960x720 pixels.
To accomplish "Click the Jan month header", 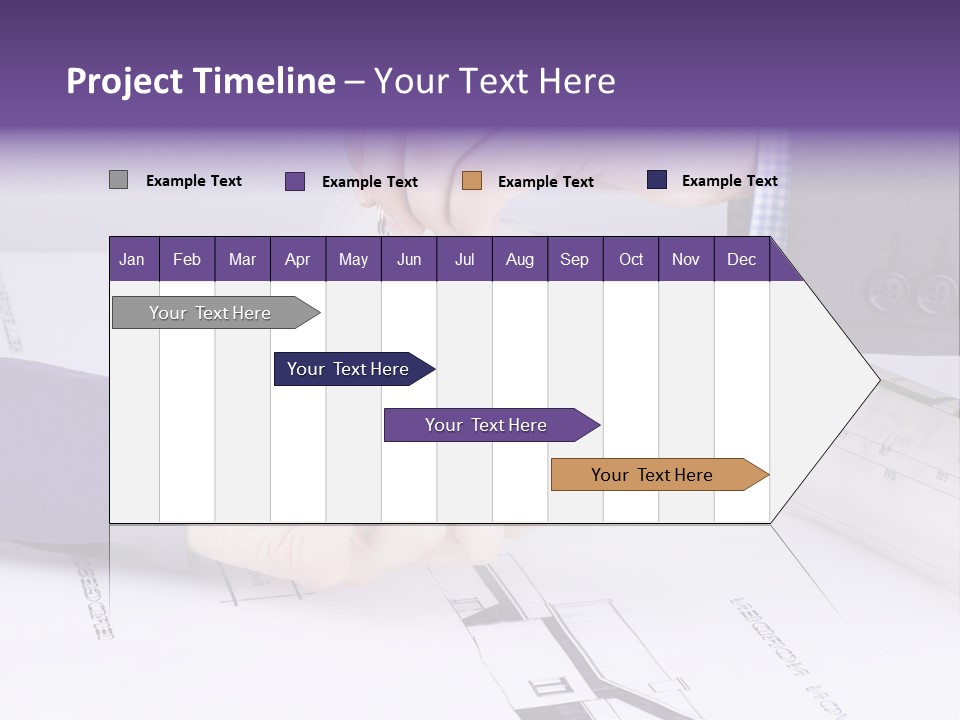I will tap(132, 260).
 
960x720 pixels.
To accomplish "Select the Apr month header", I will tap(297, 260).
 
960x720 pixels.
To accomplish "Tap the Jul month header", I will tap(464, 260).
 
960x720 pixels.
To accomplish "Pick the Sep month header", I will tap(574, 260).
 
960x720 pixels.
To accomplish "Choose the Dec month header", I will tap(741, 260).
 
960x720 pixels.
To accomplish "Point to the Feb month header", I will tap(187, 260).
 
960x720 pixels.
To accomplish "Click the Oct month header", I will tap(631, 260).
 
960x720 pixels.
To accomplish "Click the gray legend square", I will tap(118, 180).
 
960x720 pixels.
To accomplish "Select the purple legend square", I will tap(295, 181).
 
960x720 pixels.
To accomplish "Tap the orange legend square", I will tap(472, 181).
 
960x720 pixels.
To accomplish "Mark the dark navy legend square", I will tap(657, 180).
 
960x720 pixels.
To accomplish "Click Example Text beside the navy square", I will tap(729, 181).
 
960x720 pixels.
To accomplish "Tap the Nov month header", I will tap(685, 260).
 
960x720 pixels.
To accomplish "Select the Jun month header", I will tap(409, 260).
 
